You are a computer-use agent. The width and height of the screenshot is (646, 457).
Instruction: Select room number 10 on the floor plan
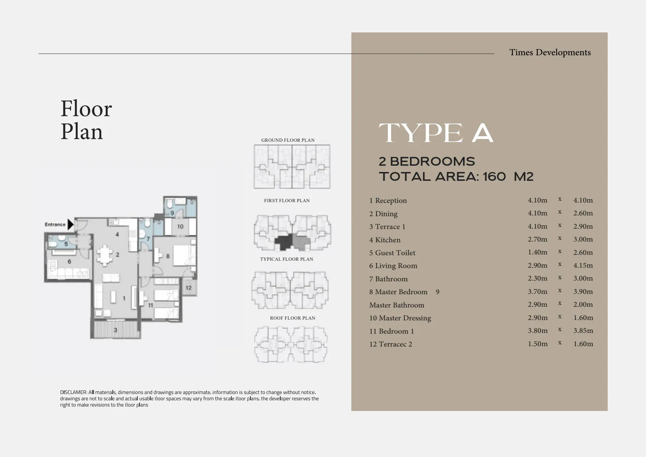coord(180,226)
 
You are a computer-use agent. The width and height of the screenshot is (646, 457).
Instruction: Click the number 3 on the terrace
coord(115,330)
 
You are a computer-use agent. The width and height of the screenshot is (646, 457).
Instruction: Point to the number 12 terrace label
coord(189,288)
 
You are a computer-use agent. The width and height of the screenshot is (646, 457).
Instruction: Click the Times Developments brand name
coord(550,52)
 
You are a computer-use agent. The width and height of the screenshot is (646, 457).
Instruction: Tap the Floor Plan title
coord(86,120)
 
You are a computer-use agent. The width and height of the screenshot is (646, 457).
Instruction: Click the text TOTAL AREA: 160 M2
coord(456,176)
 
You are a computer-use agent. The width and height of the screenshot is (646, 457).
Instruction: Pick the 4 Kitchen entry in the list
coord(385,240)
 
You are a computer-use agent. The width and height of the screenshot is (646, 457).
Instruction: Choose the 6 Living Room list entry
coord(393,266)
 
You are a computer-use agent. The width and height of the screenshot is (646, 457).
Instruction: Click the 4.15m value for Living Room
coord(583,265)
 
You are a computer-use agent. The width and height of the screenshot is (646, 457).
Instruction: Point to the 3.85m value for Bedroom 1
coord(583,330)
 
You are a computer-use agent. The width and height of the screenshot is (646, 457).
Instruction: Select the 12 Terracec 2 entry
coord(391,344)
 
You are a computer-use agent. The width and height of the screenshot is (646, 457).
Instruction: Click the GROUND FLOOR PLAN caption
coord(288,140)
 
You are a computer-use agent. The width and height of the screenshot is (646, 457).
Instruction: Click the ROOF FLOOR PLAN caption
coord(292,318)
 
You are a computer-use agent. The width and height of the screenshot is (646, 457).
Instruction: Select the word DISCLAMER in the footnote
coord(73,392)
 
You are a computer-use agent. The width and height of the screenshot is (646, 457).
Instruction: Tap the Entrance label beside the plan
coord(55,224)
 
